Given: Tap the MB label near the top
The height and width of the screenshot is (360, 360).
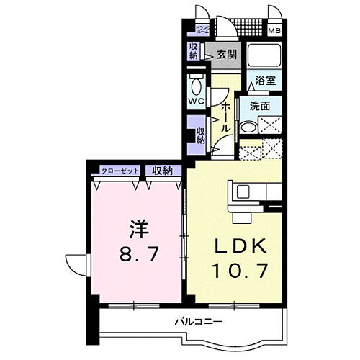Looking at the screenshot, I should click(276, 31).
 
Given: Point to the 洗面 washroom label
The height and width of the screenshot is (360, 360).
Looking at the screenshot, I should click(261, 106).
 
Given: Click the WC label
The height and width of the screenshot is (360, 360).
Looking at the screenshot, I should click(195, 101).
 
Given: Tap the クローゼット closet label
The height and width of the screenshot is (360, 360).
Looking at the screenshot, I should click(119, 171).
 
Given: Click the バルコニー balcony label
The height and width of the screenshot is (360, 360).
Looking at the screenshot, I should click(197, 320).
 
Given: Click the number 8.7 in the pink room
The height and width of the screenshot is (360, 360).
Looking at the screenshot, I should click(137, 254).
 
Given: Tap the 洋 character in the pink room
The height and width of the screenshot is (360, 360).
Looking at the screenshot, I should click(138, 229).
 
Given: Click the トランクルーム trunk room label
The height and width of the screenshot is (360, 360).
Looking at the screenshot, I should click(202, 29).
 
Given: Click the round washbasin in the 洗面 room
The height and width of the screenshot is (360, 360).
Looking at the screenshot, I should click(247, 128).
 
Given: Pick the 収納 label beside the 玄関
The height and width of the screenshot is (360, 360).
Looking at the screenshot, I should click(194, 50).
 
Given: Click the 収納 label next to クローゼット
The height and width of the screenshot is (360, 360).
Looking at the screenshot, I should click(162, 171).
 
